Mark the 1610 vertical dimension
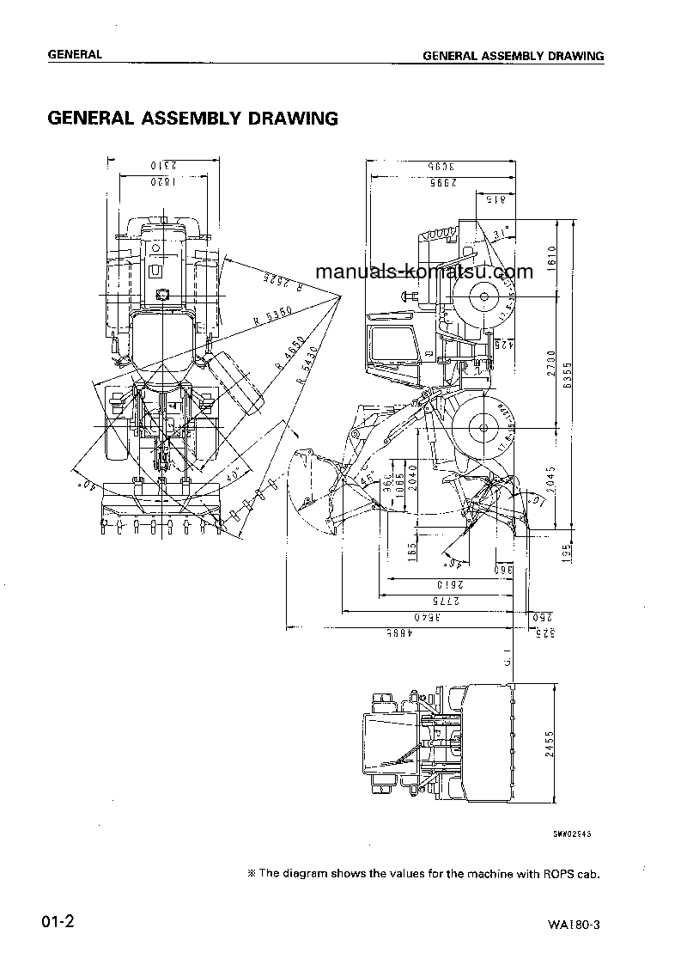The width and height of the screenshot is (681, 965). coord(552,256)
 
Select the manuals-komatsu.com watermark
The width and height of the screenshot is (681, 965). coord(424,272)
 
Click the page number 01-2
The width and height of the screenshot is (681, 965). coord(58,924)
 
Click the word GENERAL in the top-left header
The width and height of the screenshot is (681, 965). coord(75,54)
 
